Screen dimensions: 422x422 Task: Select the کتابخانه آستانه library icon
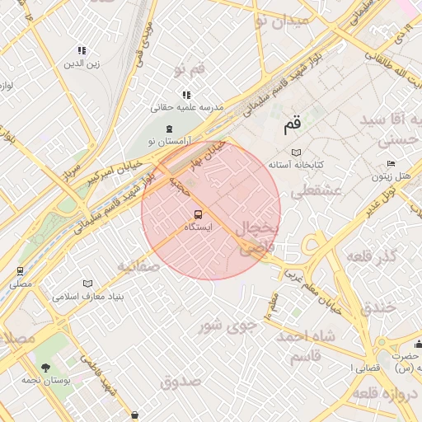297,152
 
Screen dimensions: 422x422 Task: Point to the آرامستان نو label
168,142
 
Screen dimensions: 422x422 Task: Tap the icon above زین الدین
82,51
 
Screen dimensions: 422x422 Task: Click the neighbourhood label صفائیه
137,266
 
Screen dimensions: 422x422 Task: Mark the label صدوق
181,381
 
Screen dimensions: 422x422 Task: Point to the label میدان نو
281,20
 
